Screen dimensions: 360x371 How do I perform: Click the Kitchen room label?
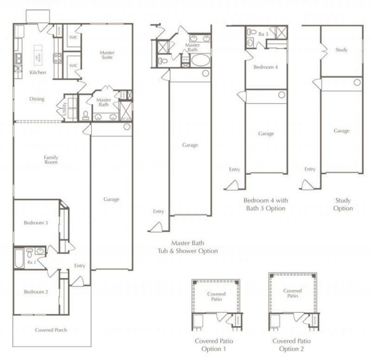point(38,72)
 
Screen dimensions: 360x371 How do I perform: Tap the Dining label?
point(37,99)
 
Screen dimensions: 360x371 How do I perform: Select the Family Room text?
point(51,160)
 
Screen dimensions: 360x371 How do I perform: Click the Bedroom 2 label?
point(36,291)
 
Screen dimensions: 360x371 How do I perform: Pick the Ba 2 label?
point(31,262)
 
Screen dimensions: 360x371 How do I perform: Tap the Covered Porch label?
point(51,330)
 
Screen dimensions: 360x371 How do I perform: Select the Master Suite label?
point(107,55)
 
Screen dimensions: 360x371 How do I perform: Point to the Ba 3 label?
point(263,34)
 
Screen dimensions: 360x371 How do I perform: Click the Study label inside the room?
point(341,50)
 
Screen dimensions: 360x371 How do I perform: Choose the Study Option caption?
point(343,204)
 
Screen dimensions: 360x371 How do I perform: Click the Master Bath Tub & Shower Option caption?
point(187,247)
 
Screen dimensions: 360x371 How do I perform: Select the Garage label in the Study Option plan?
point(342,131)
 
